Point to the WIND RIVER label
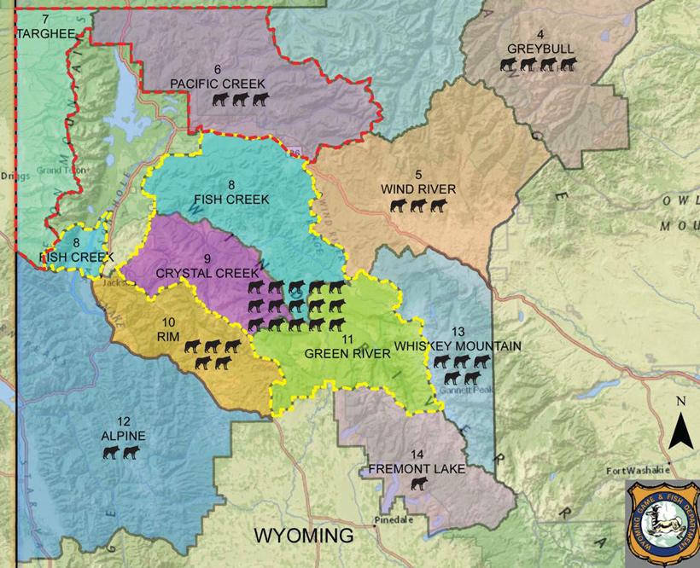coord(418,188)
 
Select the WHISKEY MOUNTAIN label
coord(458,345)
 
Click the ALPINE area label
coord(122,436)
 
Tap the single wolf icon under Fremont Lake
coord(418,484)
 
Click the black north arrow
coord(680,429)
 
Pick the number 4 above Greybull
coord(540,35)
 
